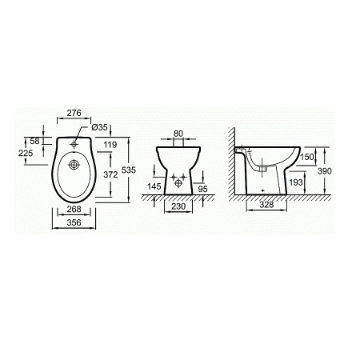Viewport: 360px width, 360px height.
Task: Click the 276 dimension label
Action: pos(74,113)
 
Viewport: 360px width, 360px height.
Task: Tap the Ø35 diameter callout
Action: pos(99,127)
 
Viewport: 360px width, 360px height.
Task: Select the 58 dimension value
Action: pos(34,141)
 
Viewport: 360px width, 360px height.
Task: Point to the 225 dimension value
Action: pos(26,153)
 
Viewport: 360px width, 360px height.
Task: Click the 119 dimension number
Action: pos(110,145)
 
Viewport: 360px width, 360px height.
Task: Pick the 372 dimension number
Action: pos(110,174)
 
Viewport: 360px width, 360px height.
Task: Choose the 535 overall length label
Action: pos(129,170)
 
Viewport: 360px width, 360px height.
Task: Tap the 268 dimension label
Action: pos(74,210)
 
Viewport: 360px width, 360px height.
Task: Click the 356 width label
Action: pos(74,222)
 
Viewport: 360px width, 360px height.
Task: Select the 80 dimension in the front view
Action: pos(178,134)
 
